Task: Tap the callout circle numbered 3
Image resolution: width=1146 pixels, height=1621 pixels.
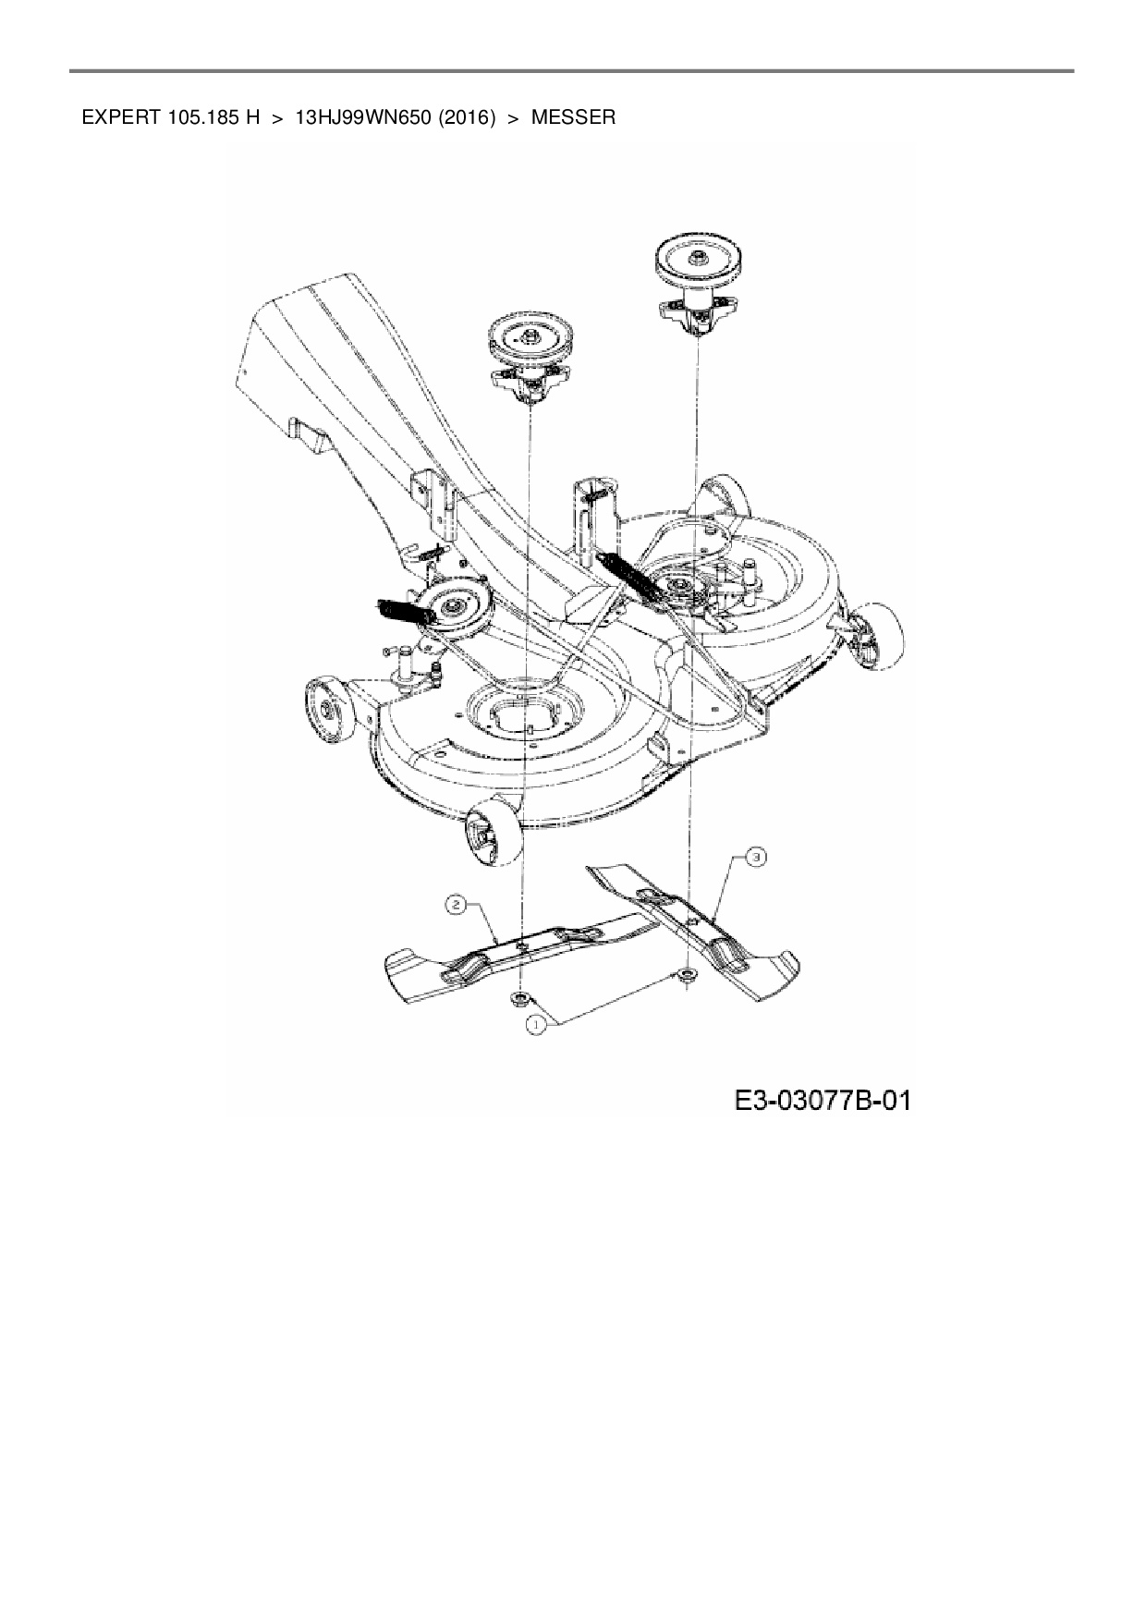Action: (756, 858)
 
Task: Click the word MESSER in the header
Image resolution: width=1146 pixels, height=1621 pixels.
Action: (573, 118)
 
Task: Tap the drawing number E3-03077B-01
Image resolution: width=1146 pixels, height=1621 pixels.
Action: (822, 1101)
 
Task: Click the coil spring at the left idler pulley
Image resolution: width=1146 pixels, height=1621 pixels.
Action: (401, 611)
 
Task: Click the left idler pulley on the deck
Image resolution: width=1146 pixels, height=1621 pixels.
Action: (452, 607)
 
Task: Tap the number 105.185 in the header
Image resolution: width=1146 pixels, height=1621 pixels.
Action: (201, 118)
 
